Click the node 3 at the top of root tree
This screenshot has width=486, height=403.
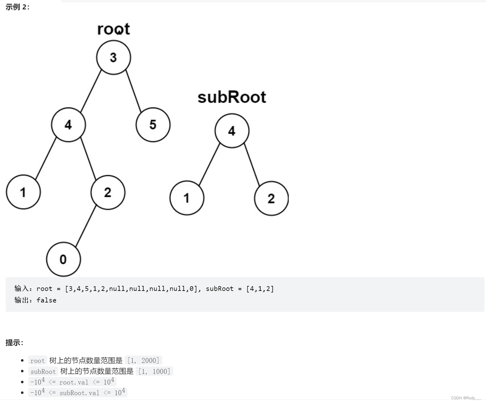(x=113, y=58)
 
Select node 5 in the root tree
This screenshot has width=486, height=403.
(x=153, y=125)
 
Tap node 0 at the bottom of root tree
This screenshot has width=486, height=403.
(x=63, y=259)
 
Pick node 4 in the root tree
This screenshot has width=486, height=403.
(x=68, y=125)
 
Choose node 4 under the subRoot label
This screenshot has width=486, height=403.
(x=232, y=131)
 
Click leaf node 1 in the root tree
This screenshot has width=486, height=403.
(x=23, y=192)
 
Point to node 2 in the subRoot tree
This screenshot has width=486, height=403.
(x=271, y=198)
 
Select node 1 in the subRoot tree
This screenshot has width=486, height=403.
(x=187, y=198)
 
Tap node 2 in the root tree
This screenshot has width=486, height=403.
(x=108, y=192)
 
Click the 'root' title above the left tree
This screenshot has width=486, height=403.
(x=113, y=29)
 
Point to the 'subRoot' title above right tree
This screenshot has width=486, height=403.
(x=232, y=97)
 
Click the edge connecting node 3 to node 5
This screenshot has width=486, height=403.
(x=134, y=91)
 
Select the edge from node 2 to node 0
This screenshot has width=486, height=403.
(x=86, y=225)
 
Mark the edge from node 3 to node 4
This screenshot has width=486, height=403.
(x=91, y=91)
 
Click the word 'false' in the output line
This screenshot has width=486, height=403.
(x=46, y=300)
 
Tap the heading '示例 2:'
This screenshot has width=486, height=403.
(x=18, y=7)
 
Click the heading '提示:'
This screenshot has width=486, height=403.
(x=14, y=343)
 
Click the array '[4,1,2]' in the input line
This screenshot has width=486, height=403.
(x=260, y=289)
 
